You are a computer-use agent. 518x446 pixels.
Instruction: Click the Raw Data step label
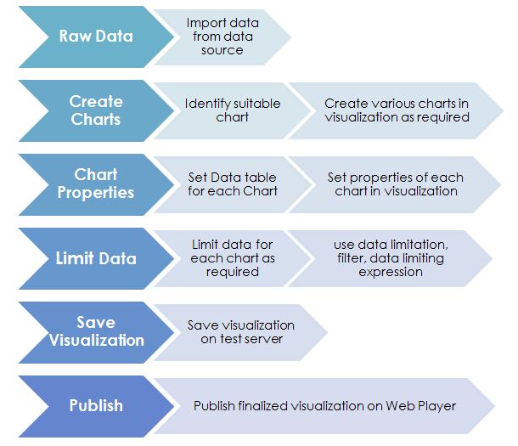point(95,37)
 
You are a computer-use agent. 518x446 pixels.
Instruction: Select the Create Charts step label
point(96,110)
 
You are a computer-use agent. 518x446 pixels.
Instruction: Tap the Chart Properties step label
point(96,183)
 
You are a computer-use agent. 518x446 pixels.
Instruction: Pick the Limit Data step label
point(96,258)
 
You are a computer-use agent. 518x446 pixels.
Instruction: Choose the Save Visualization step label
point(96,331)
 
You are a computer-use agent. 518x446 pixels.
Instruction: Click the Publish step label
point(96,405)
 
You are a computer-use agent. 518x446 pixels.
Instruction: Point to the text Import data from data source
point(222,36)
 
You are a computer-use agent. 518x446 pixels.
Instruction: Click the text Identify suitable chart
point(232,110)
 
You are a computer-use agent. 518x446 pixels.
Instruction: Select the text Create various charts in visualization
point(397,110)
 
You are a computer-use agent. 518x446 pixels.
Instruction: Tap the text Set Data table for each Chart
point(232,184)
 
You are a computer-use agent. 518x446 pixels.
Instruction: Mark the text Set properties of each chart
point(395,184)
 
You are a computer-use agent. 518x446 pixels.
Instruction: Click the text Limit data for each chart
point(232,258)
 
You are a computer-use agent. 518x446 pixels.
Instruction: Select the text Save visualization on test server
point(241,332)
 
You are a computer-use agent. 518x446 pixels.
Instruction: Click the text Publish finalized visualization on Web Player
point(324,406)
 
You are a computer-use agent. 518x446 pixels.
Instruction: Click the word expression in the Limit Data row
point(390,272)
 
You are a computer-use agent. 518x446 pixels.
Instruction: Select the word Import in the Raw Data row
point(206,22)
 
